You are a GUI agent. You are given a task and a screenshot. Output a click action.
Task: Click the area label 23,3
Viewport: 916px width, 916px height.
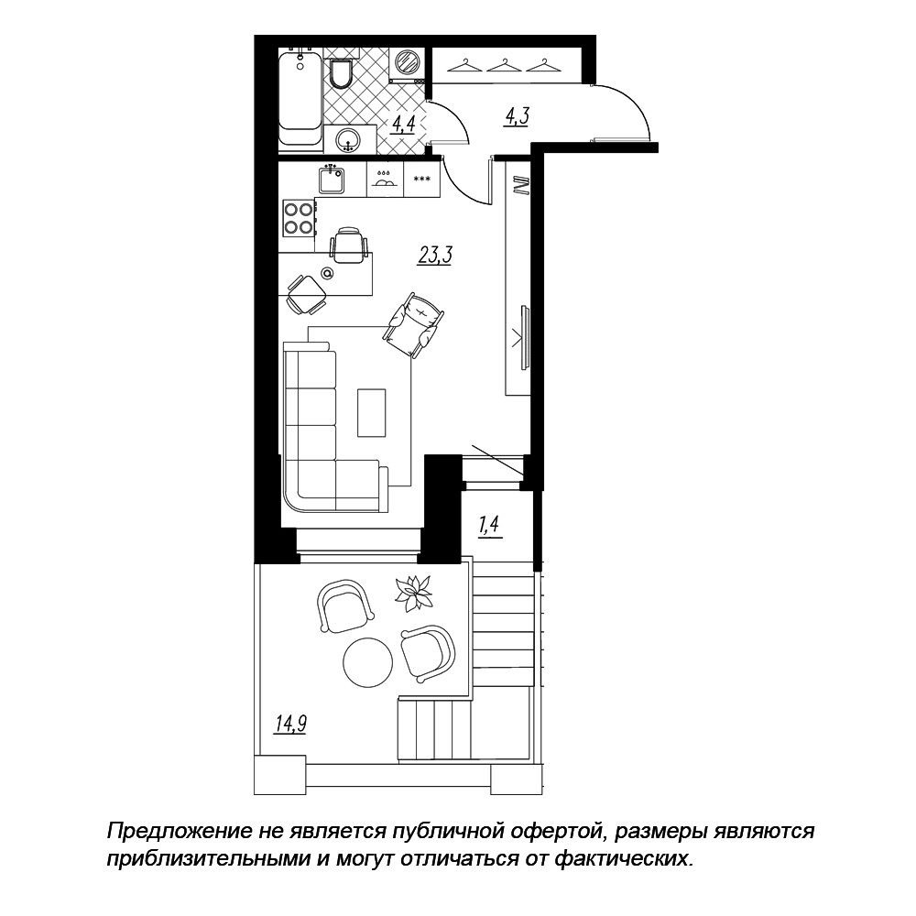(x=435, y=256)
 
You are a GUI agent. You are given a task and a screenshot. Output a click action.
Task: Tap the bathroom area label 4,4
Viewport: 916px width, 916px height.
(x=404, y=125)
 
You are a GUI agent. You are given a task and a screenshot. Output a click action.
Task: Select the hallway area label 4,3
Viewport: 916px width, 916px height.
(x=517, y=117)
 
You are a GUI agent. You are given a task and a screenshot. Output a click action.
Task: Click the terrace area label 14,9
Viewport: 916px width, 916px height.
(x=291, y=724)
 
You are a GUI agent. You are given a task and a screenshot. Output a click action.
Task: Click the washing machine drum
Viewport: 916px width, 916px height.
(x=406, y=60)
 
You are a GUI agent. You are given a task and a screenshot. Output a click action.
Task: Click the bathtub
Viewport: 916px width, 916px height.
(x=300, y=99)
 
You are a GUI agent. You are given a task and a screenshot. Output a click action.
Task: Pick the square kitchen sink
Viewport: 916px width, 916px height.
(x=333, y=179)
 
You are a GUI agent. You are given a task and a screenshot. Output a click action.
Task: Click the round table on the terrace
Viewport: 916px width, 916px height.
(x=368, y=661)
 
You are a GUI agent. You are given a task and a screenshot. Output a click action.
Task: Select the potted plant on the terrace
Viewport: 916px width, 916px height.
(x=413, y=594)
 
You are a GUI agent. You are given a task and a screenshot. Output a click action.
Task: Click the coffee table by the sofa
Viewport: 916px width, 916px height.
(x=372, y=413)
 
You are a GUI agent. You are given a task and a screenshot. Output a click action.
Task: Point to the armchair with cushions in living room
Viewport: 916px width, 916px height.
(x=414, y=325)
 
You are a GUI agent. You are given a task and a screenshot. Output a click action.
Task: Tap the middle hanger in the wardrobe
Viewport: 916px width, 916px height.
(x=504, y=65)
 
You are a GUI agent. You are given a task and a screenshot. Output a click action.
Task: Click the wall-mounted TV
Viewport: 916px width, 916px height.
(x=526, y=338)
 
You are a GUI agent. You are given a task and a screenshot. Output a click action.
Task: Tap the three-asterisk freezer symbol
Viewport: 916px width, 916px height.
(x=421, y=180)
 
